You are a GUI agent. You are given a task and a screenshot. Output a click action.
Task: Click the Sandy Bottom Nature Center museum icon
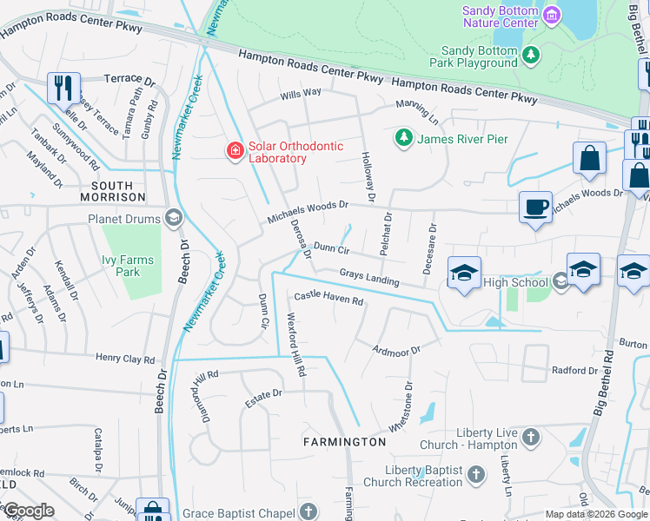click(x=551, y=16)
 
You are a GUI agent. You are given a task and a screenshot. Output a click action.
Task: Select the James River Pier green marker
click(x=403, y=138)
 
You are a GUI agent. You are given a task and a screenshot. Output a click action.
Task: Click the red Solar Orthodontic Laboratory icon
click(x=235, y=152)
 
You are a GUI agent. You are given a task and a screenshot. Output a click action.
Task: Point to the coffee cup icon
click(x=534, y=208)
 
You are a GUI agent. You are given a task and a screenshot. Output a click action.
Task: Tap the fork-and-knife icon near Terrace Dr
click(x=63, y=87)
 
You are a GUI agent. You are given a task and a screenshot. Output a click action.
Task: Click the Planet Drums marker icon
click(x=173, y=218)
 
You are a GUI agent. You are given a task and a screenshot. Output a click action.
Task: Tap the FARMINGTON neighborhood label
click(x=344, y=442)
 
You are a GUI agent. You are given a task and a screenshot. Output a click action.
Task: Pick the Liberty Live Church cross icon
click(x=531, y=436)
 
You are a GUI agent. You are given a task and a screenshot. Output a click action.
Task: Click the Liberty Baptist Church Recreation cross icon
click(x=475, y=474)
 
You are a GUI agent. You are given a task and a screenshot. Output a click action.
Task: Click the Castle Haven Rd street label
click(x=328, y=299)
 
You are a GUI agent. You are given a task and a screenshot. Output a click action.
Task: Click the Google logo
click(x=28, y=511)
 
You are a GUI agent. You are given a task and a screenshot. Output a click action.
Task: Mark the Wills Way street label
click(x=300, y=92)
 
